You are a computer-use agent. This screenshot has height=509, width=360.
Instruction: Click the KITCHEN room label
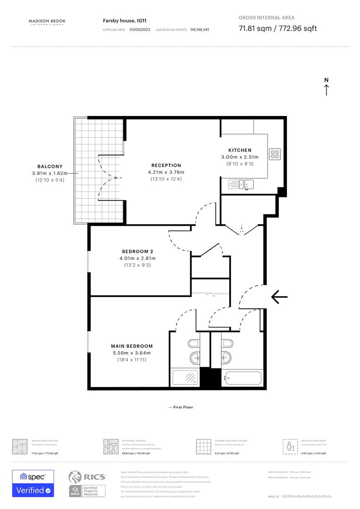pos(240,150)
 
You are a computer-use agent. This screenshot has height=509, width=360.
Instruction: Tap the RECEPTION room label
pos(166,165)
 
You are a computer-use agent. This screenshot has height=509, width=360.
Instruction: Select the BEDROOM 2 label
pos(138,251)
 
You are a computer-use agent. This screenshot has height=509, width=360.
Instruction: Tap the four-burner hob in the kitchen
pos(275,154)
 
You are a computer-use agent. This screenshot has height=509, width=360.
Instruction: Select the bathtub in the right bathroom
pos(243,378)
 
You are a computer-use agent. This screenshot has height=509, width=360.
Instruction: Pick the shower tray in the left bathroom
pos(186,378)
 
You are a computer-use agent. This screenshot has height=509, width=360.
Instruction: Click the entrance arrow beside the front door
pos(279,296)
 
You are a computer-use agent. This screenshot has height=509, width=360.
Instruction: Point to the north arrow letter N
pos(326,80)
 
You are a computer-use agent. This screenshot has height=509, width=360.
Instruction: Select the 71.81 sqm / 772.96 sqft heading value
pos(278,28)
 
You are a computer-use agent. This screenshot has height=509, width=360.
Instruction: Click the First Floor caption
pos(181,407)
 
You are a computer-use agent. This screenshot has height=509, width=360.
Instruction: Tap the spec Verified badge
pos(33,484)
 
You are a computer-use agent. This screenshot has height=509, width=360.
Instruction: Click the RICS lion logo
pos(77,477)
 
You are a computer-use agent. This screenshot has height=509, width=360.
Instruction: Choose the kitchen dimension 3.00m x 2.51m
pos(240,157)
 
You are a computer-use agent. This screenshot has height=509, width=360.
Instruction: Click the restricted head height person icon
pos(289,446)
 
